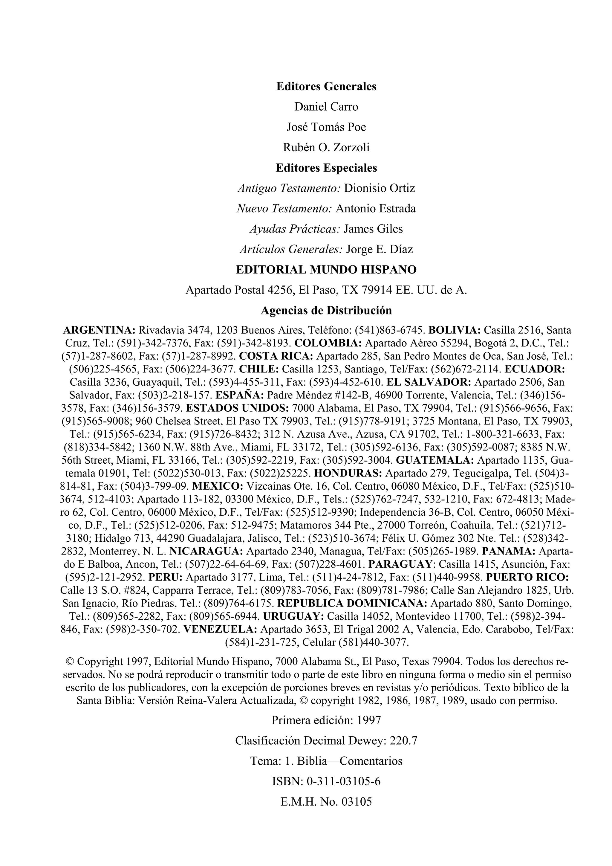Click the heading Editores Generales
click(326, 86)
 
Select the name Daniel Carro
click(326, 107)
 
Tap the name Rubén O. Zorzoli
click(326, 147)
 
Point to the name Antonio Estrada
click(376, 209)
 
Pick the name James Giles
click(373, 229)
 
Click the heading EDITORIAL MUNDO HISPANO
click(326, 270)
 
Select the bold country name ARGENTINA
click(99, 330)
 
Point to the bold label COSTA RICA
click(276, 356)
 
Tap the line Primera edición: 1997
click(326, 721)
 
